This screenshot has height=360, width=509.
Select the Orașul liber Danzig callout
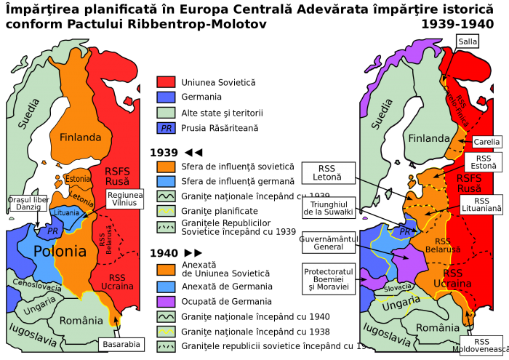pos(27,204)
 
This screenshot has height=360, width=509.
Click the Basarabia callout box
pos(121,344)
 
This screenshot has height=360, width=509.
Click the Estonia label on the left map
pos(78,179)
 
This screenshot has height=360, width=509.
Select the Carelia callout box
pos(486,142)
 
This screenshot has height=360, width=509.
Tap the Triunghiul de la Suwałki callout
pos(328,208)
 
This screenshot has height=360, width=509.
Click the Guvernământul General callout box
pos(328,241)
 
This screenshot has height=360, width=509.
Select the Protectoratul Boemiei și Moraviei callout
pos(328,279)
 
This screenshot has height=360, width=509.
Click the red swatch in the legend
pos(166,81)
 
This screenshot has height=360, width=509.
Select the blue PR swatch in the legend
pos(166,128)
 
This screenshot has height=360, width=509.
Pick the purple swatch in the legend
pos(166,301)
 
